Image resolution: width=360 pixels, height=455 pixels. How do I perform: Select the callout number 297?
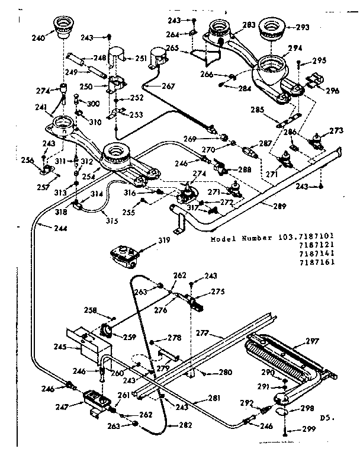[x=312, y=341]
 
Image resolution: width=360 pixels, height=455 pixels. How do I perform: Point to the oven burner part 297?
[x=281, y=355]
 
